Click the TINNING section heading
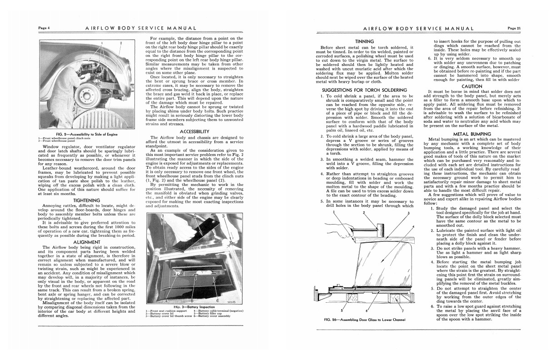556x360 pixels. tap(367, 41)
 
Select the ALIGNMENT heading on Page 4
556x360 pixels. tap(86, 242)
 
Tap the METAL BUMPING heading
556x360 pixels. tap(472, 134)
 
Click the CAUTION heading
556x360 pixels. tap(472, 86)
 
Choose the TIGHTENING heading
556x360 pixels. tap(86, 200)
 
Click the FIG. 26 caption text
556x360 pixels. tap(364, 319)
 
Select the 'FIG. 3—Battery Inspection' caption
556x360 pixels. tap(187, 307)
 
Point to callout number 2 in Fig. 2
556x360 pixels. tap(120, 43)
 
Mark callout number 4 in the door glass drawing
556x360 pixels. tap(413, 226)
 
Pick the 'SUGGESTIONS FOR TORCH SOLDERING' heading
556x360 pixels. tap(364, 90)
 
